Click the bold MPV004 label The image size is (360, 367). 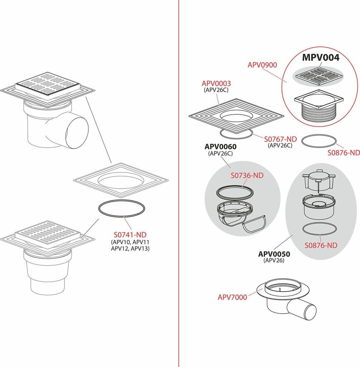pos(321,57)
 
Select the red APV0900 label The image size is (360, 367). pos(262,65)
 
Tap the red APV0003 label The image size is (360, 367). pos(216,83)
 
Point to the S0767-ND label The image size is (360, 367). pos(280,139)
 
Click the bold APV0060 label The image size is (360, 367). pos(220,147)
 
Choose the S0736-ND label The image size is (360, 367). pos(247,175)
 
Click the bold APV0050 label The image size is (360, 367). pos(274,254)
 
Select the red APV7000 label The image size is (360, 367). pos(232,297)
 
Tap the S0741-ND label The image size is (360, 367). pos(130,234)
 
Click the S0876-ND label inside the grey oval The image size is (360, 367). pos(321,245)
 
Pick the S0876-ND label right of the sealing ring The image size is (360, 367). pos(344,153)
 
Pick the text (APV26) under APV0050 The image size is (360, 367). pos(274,260)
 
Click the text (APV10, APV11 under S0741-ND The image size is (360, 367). pos(130,242)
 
